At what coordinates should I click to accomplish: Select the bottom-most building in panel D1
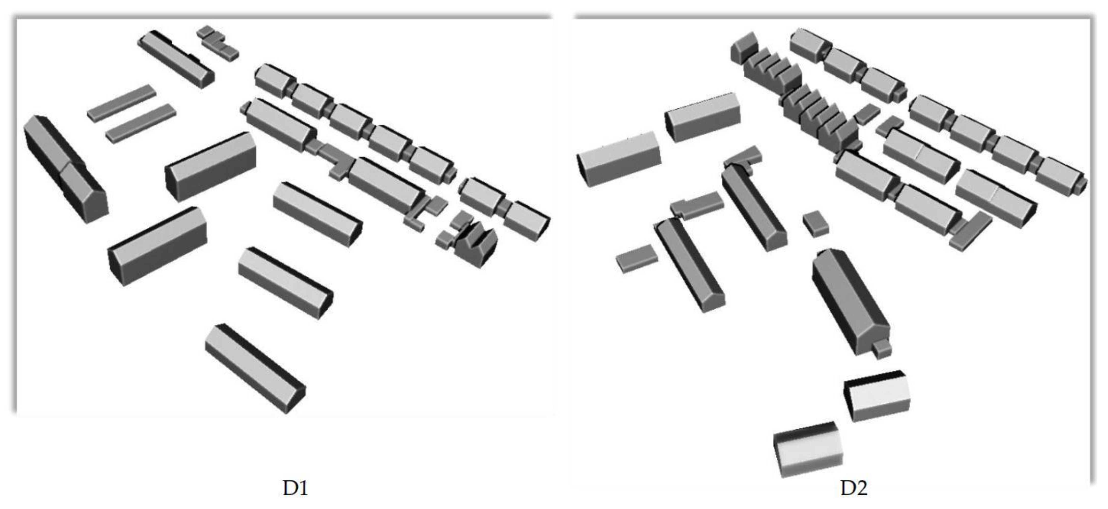pyautogui.click(x=255, y=368)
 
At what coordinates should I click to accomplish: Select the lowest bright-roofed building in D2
pyautogui.click(x=808, y=449)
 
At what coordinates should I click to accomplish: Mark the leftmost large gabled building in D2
pyautogui.click(x=619, y=159)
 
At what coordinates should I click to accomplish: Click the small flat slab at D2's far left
pyautogui.click(x=637, y=258)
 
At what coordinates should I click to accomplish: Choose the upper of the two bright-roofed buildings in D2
pyautogui.click(x=877, y=395)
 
